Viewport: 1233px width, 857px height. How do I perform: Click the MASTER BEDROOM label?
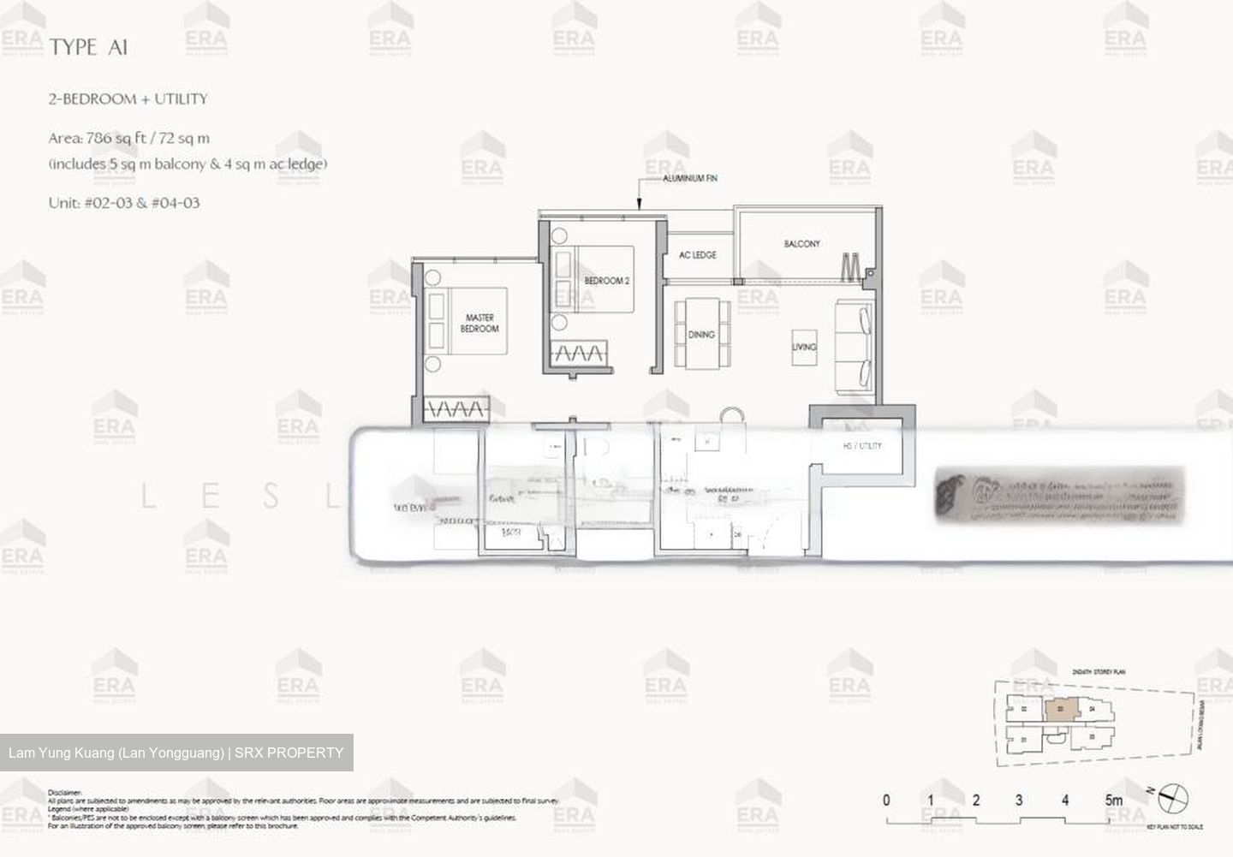tap(479, 323)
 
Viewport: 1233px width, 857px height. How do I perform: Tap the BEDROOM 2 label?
tap(607, 281)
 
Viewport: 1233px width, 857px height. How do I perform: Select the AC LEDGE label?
tap(697, 255)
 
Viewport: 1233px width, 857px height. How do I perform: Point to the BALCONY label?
tap(801, 244)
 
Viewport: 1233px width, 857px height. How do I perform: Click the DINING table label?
tap(701, 335)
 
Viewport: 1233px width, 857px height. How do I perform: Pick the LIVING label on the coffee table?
tap(804, 347)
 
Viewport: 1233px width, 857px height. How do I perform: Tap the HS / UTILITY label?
tap(861, 446)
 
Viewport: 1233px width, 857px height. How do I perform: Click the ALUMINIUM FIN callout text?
tap(689, 179)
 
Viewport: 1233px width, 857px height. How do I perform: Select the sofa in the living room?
tap(855, 346)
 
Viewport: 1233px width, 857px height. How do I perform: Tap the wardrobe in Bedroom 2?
tap(579, 352)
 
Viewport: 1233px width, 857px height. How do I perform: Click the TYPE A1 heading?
tap(88, 48)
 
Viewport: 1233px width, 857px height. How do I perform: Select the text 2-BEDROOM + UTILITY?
tap(128, 99)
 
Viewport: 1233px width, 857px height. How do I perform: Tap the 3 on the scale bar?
tap(1019, 800)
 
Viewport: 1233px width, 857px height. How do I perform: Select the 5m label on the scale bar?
tap(1113, 800)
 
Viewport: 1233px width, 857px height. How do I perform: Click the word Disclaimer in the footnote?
tap(65, 793)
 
